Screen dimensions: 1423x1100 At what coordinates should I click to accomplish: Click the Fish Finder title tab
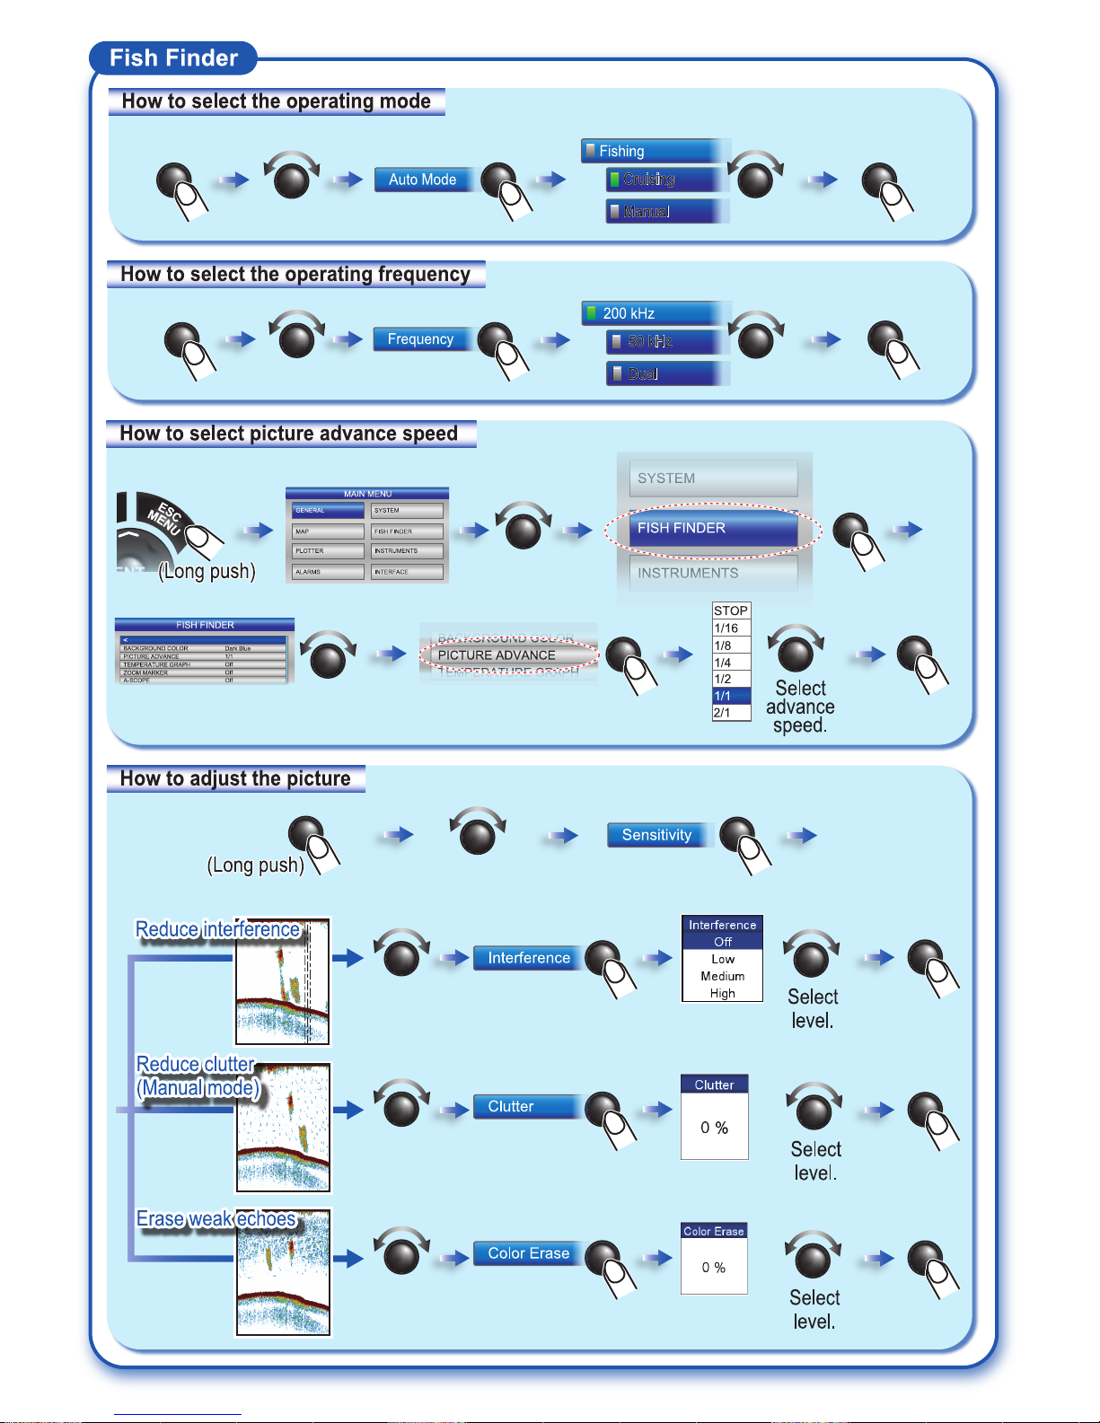pyautogui.click(x=173, y=58)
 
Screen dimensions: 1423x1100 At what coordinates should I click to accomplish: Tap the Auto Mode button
pyautogui.click(x=422, y=180)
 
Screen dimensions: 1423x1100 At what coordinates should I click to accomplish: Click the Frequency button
pyautogui.click(x=420, y=339)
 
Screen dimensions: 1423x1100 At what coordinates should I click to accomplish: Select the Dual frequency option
pyautogui.click(x=664, y=373)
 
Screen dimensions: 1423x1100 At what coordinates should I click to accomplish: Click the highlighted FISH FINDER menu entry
pyautogui.click(x=713, y=529)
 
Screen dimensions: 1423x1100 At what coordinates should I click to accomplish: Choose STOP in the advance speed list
pyautogui.click(x=731, y=610)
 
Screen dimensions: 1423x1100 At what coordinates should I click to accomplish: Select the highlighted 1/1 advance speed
pyautogui.click(x=731, y=696)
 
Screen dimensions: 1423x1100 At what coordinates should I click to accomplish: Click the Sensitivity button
pyautogui.click(x=656, y=835)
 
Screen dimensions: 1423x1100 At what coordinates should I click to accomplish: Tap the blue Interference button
pyautogui.click(x=529, y=958)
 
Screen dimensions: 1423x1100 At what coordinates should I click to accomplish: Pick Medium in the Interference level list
pyautogui.click(x=723, y=976)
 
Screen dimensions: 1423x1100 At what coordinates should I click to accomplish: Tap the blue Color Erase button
pyautogui.click(x=529, y=1253)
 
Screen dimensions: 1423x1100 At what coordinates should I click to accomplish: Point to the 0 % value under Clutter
pyautogui.click(x=715, y=1128)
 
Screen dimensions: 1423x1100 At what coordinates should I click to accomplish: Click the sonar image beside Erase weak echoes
pyautogui.click(x=283, y=1274)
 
